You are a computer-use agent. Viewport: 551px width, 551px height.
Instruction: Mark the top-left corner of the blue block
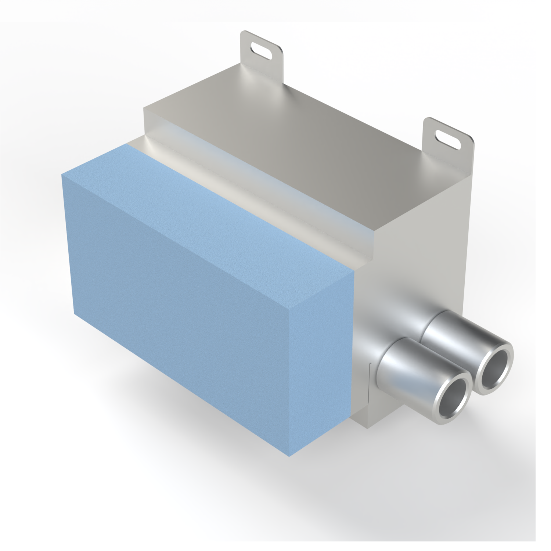point(62,175)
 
